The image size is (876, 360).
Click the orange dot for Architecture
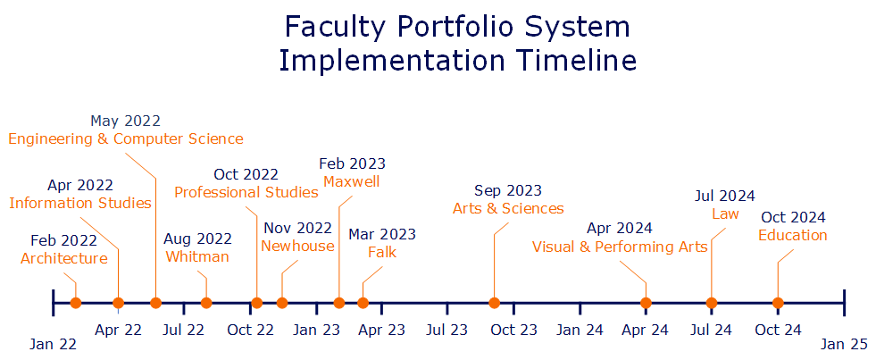point(76,303)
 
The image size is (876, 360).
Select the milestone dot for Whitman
point(206,303)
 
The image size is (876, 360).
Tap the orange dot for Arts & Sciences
point(495,303)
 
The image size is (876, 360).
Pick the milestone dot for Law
point(711,303)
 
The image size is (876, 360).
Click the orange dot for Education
point(778,303)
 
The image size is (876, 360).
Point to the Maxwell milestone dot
point(339,303)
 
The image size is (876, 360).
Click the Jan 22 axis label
point(53,344)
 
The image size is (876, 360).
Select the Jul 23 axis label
point(447,330)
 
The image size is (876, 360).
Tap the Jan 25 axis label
point(844,344)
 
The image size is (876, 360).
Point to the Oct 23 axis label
point(514,330)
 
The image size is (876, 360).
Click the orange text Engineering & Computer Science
point(126,138)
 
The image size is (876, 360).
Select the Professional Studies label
point(246,192)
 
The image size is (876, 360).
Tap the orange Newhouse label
point(297,246)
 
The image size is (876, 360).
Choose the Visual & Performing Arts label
point(620,247)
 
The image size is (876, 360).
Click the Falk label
point(382,252)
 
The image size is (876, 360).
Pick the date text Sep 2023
point(508,190)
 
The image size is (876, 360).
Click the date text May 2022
point(125,121)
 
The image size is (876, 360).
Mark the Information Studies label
point(80,203)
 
